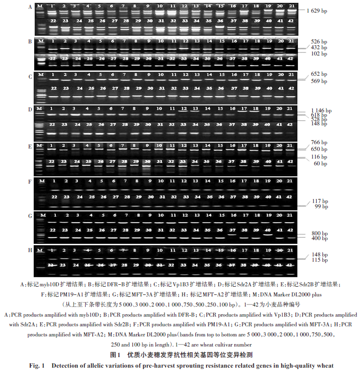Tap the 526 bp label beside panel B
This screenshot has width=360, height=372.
[x=318, y=41]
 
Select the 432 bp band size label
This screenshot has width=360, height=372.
[x=318, y=48]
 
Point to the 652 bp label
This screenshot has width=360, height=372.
[x=318, y=74]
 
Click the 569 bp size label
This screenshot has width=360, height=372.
[x=318, y=81]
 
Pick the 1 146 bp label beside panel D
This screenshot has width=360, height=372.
[x=320, y=110]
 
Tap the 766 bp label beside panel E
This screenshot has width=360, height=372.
[x=318, y=143]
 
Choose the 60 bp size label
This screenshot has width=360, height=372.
[x=316, y=164]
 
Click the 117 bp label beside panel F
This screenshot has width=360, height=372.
[x=318, y=201]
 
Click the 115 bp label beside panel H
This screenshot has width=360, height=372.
[x=318, y=260]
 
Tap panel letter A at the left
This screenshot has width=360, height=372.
[x=30, y=7]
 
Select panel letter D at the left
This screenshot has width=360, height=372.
[x=30, y=109]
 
